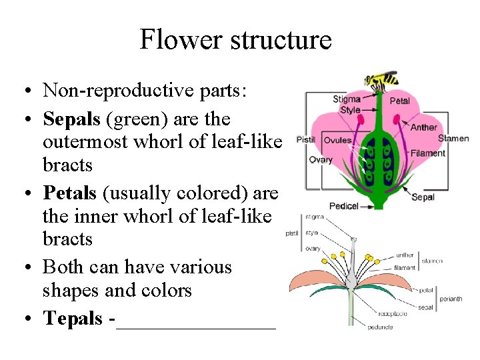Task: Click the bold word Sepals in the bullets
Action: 71,119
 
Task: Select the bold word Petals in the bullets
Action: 69,193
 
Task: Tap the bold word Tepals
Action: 73,318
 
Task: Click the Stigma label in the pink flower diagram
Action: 347,100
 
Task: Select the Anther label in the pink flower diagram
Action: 424,127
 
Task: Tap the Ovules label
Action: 338,141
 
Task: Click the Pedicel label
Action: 345,205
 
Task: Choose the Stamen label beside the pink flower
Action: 453,139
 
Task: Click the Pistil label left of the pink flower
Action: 305,140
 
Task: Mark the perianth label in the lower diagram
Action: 451,299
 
